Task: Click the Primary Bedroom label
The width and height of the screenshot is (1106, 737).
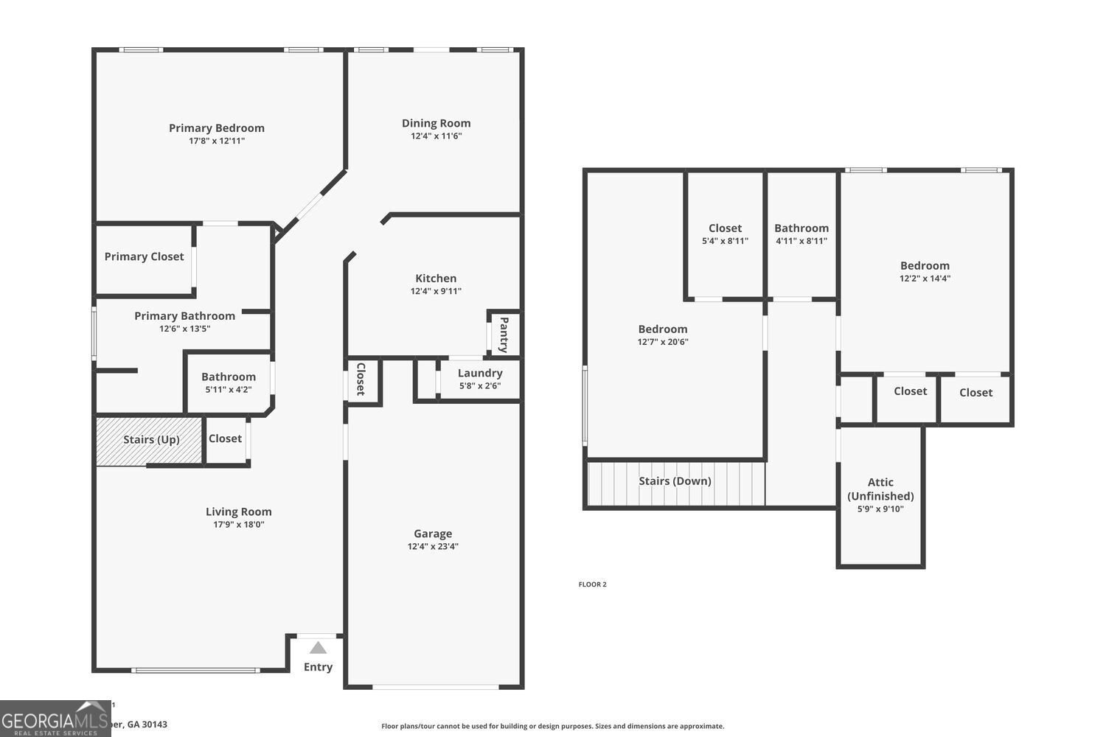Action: coord(216,128)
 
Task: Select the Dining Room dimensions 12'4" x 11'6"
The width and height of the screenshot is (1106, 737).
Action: coord(436,136)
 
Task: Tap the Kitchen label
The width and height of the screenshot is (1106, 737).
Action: coord(436,278)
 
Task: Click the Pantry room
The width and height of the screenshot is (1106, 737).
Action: coord(504,335)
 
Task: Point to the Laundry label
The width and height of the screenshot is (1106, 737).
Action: coord(480,373)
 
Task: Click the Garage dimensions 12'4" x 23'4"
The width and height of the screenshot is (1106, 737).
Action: coord(433,547)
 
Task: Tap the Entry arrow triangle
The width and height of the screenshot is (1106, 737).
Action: coord(318,649)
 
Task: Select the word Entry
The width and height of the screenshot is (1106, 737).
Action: coord(318,667)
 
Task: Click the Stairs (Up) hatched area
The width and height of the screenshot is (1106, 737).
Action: coord(150,441)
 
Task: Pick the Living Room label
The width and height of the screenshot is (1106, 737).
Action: coord(238,511)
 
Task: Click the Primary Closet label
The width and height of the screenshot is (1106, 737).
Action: coord(144,256)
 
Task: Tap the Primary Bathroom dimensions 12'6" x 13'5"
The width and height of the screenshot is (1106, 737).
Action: coord(184,329)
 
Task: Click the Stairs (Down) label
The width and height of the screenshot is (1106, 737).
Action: coord(675,481)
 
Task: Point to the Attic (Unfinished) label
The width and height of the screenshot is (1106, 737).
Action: coord(880,489)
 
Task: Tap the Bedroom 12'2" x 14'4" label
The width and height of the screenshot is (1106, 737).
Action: coord(925,266)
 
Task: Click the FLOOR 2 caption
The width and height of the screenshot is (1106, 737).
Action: coord(592,584)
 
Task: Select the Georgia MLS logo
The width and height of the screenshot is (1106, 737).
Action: coord(55,719)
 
